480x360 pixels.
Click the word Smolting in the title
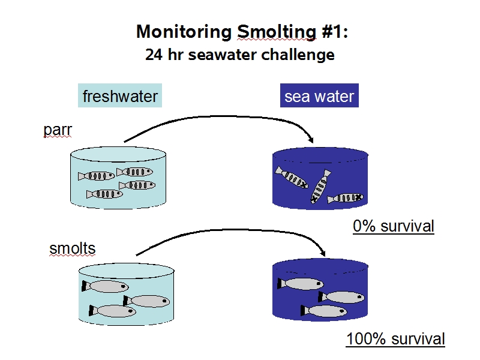pos(277,32)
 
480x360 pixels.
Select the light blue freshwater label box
pos(120,95)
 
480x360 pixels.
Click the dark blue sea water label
pos(319,95)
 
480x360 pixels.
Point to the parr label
pos(58,130)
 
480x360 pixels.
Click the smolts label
pos(73,248)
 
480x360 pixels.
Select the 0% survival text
pos(394,226)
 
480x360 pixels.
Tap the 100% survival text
pos(395,339)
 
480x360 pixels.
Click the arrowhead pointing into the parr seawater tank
pos(311,139)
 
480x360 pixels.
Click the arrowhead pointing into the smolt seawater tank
pos(322,252)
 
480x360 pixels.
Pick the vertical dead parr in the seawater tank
pos(320,187)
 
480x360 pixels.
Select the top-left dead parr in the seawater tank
pos(292,177)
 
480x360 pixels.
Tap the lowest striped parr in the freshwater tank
pos(104,194)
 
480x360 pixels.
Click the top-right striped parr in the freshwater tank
pos(134,172)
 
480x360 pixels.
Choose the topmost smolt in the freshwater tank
pos(105,287)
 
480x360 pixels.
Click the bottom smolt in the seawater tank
pos(324,311)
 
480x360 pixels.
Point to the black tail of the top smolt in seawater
pos(280,283)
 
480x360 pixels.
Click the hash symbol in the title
pos(328,32)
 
